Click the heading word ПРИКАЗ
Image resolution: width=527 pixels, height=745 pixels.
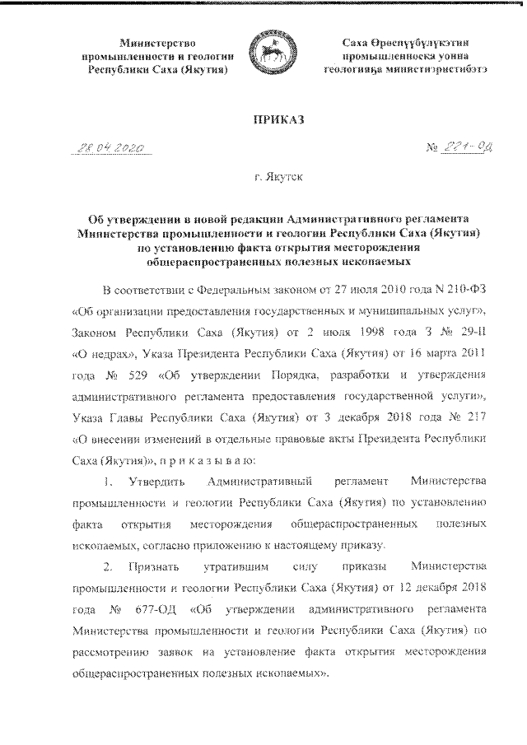tap(268, 120)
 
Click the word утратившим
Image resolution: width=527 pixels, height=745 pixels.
tap(231, 568)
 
